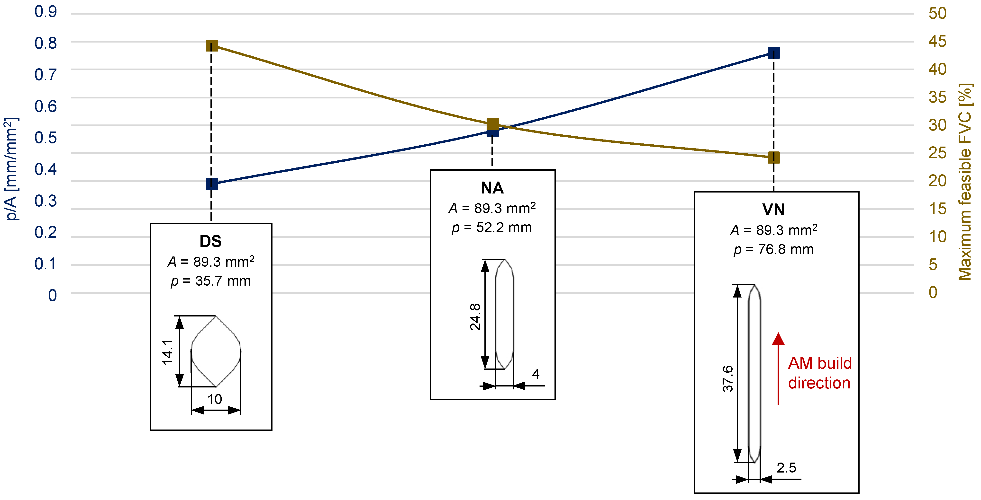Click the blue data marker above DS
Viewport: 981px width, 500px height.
(x=211, y=184)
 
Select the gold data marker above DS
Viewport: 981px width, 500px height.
(x=211, y=46)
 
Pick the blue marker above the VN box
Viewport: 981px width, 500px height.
(x=773, y=53)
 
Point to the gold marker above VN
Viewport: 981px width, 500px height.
(x=773, y=157)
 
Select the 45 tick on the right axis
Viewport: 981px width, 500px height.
(x=937, y=41)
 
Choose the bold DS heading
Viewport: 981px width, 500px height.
(x=211, y=241)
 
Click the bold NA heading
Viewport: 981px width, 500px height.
(x=492, y=188)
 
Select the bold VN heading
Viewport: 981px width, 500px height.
(x=773, y=210)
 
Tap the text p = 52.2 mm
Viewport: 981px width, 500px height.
(x=492, y=228)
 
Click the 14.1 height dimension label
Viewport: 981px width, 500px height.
(x=168, y=352)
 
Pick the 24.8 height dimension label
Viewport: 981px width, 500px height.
(x=475, y=316)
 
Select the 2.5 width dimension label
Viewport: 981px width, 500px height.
(x=786, y=468)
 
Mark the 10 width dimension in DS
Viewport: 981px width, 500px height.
(x=214, y=399)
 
